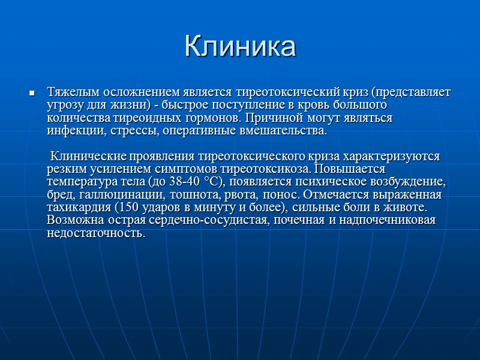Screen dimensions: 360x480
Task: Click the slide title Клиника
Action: [x=240, y=46]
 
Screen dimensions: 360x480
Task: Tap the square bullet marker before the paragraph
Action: [x=32, y=94]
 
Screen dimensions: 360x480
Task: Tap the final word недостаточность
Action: [x=96, y=233]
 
